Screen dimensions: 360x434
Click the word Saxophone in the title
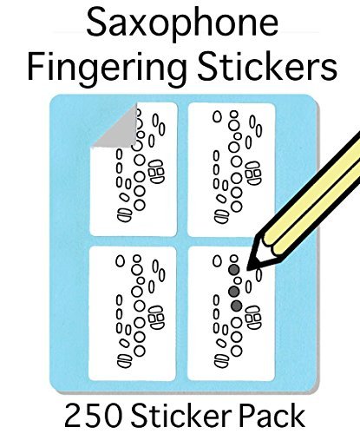(x=182, y=23)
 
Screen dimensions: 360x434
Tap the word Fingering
(x=107, y=67)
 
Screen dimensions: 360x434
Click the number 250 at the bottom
(x=93, y=416)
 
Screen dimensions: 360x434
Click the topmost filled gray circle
(x=233, y=269)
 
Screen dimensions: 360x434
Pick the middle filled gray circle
(x=233, y=292)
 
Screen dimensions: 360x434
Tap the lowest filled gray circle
(x=237, y=306)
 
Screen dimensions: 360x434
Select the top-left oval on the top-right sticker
(x=217, y=117)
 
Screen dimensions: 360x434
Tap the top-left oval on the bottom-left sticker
(x=120, y=261)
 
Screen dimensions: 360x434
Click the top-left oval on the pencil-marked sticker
(x=217, y=261)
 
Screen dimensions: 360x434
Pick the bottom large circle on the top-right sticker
(x=237, y=207)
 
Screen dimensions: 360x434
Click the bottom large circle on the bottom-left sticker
(x=140, y=351)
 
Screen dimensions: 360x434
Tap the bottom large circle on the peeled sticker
(x=140, y=205)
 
